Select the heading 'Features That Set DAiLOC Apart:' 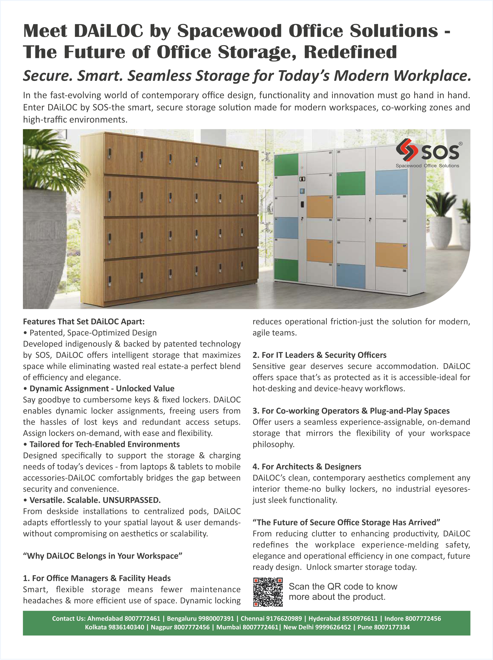point(84,322)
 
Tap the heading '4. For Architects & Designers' point(307,467)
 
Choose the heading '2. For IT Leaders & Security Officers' point(319,355)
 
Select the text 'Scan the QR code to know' point(343,586)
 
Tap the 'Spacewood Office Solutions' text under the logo point(427,166)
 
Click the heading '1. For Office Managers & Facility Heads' point(97,578)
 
